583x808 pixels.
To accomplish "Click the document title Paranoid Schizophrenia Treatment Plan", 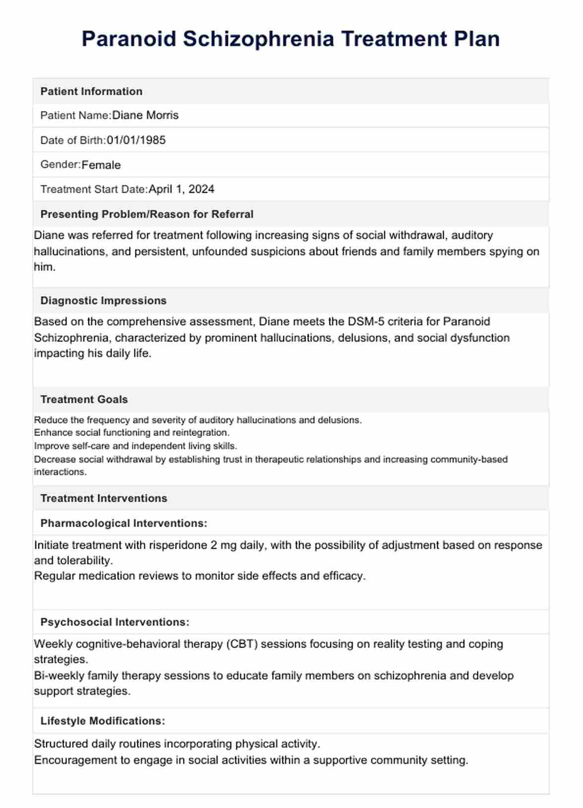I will point(291,39).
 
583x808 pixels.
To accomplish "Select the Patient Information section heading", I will point(91,91).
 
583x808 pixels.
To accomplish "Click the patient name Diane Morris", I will point(145,115).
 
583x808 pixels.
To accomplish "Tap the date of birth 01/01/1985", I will point(136,140).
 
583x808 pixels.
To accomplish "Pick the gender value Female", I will point(101,165).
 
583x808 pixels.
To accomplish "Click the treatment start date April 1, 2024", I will point(181,189).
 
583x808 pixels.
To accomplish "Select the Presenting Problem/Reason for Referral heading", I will point(147,214).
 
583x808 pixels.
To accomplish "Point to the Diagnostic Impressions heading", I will point(103,300).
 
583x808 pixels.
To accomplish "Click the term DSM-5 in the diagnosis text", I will point(366,321).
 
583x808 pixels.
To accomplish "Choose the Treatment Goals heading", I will point(84,399).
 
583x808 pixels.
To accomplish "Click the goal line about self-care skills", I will point(135,446).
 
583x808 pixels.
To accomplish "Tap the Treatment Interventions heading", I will point(104,498).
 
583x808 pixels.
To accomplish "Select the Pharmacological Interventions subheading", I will point(123,523).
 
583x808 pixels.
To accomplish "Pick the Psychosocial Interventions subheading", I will point(115,622).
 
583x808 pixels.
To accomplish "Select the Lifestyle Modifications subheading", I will point(103,721).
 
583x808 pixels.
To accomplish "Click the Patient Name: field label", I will point(76,115).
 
